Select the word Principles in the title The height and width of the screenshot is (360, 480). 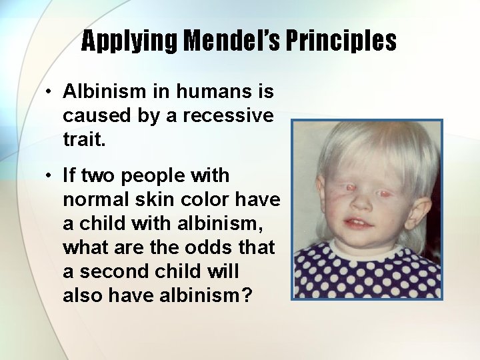[x=347, y=41]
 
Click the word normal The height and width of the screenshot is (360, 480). [x=93, y=200]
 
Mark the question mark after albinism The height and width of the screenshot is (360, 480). [x=246, y=295]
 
